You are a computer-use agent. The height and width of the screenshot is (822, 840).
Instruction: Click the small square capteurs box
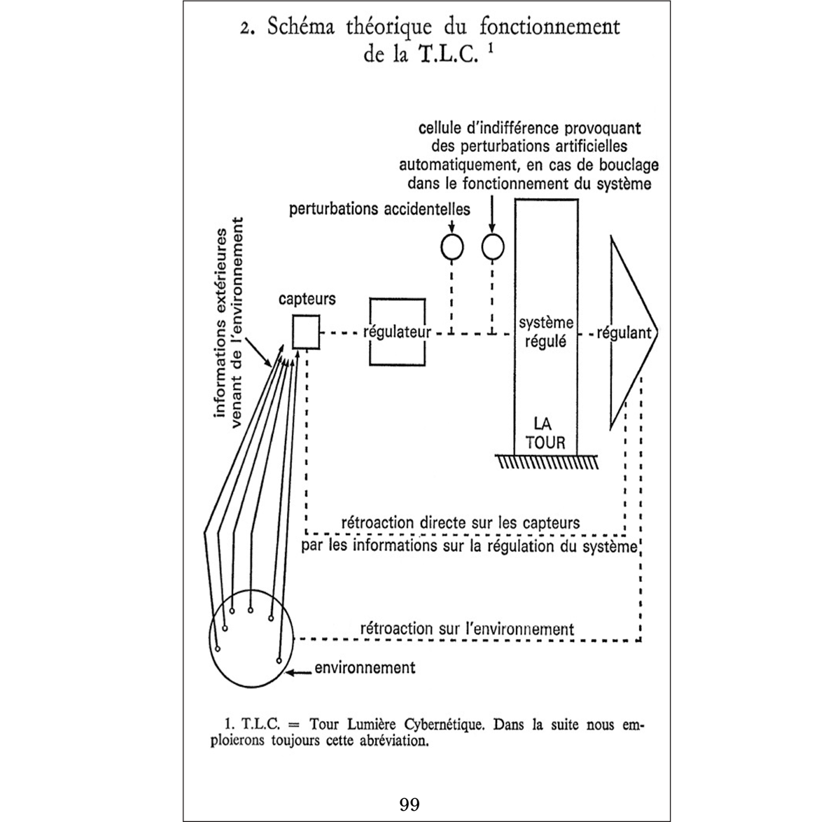point(305,332)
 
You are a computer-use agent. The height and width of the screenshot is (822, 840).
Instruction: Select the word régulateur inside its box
point(397,332)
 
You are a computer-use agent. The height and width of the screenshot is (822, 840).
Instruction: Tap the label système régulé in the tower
point(546,333)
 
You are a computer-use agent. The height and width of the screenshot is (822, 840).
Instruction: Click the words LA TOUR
point(545,433)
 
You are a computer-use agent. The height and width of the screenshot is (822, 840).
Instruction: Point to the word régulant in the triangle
point(624,333)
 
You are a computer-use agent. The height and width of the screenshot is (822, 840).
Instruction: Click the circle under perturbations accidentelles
point(452,246)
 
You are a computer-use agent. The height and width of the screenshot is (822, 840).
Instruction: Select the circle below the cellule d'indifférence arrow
point(493,246)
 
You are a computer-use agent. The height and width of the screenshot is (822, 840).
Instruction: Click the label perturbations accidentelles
point(379,209)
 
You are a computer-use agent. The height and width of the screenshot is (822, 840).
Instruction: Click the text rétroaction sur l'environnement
point(467,628)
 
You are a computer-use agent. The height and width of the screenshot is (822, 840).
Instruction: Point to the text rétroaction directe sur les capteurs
point(460,522)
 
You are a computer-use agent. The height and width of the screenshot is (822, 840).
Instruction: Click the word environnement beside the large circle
point(365,667)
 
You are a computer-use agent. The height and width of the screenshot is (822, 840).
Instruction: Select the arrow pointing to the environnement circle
point(300,673)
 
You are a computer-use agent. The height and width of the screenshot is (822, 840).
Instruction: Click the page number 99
point(409,804)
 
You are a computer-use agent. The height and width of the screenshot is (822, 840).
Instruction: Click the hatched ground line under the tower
point(547,461)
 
